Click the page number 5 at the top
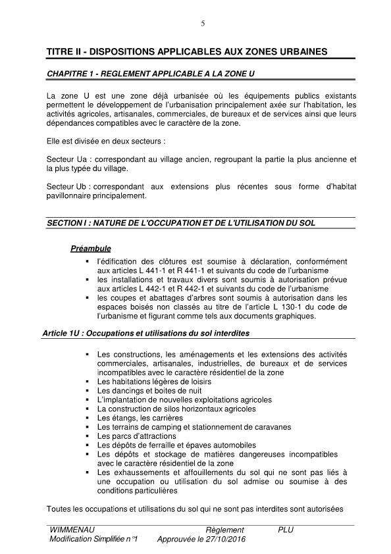tap(203, 24)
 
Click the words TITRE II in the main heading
tap(65, 51)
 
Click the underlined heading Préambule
tap(90, 249)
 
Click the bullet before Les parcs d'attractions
tap(87, 436)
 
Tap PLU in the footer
tap(286, 530)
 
